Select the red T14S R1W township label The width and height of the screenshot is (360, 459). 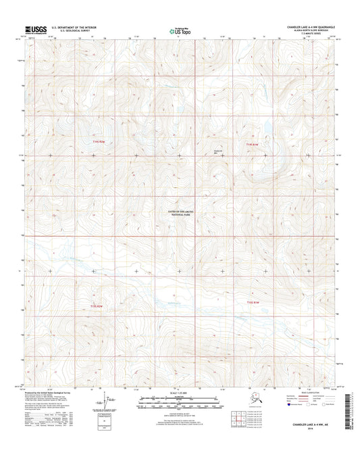pyautogui.click(x=251, y=144)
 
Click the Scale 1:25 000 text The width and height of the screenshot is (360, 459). pyautogui.click(x=180, y=393)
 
